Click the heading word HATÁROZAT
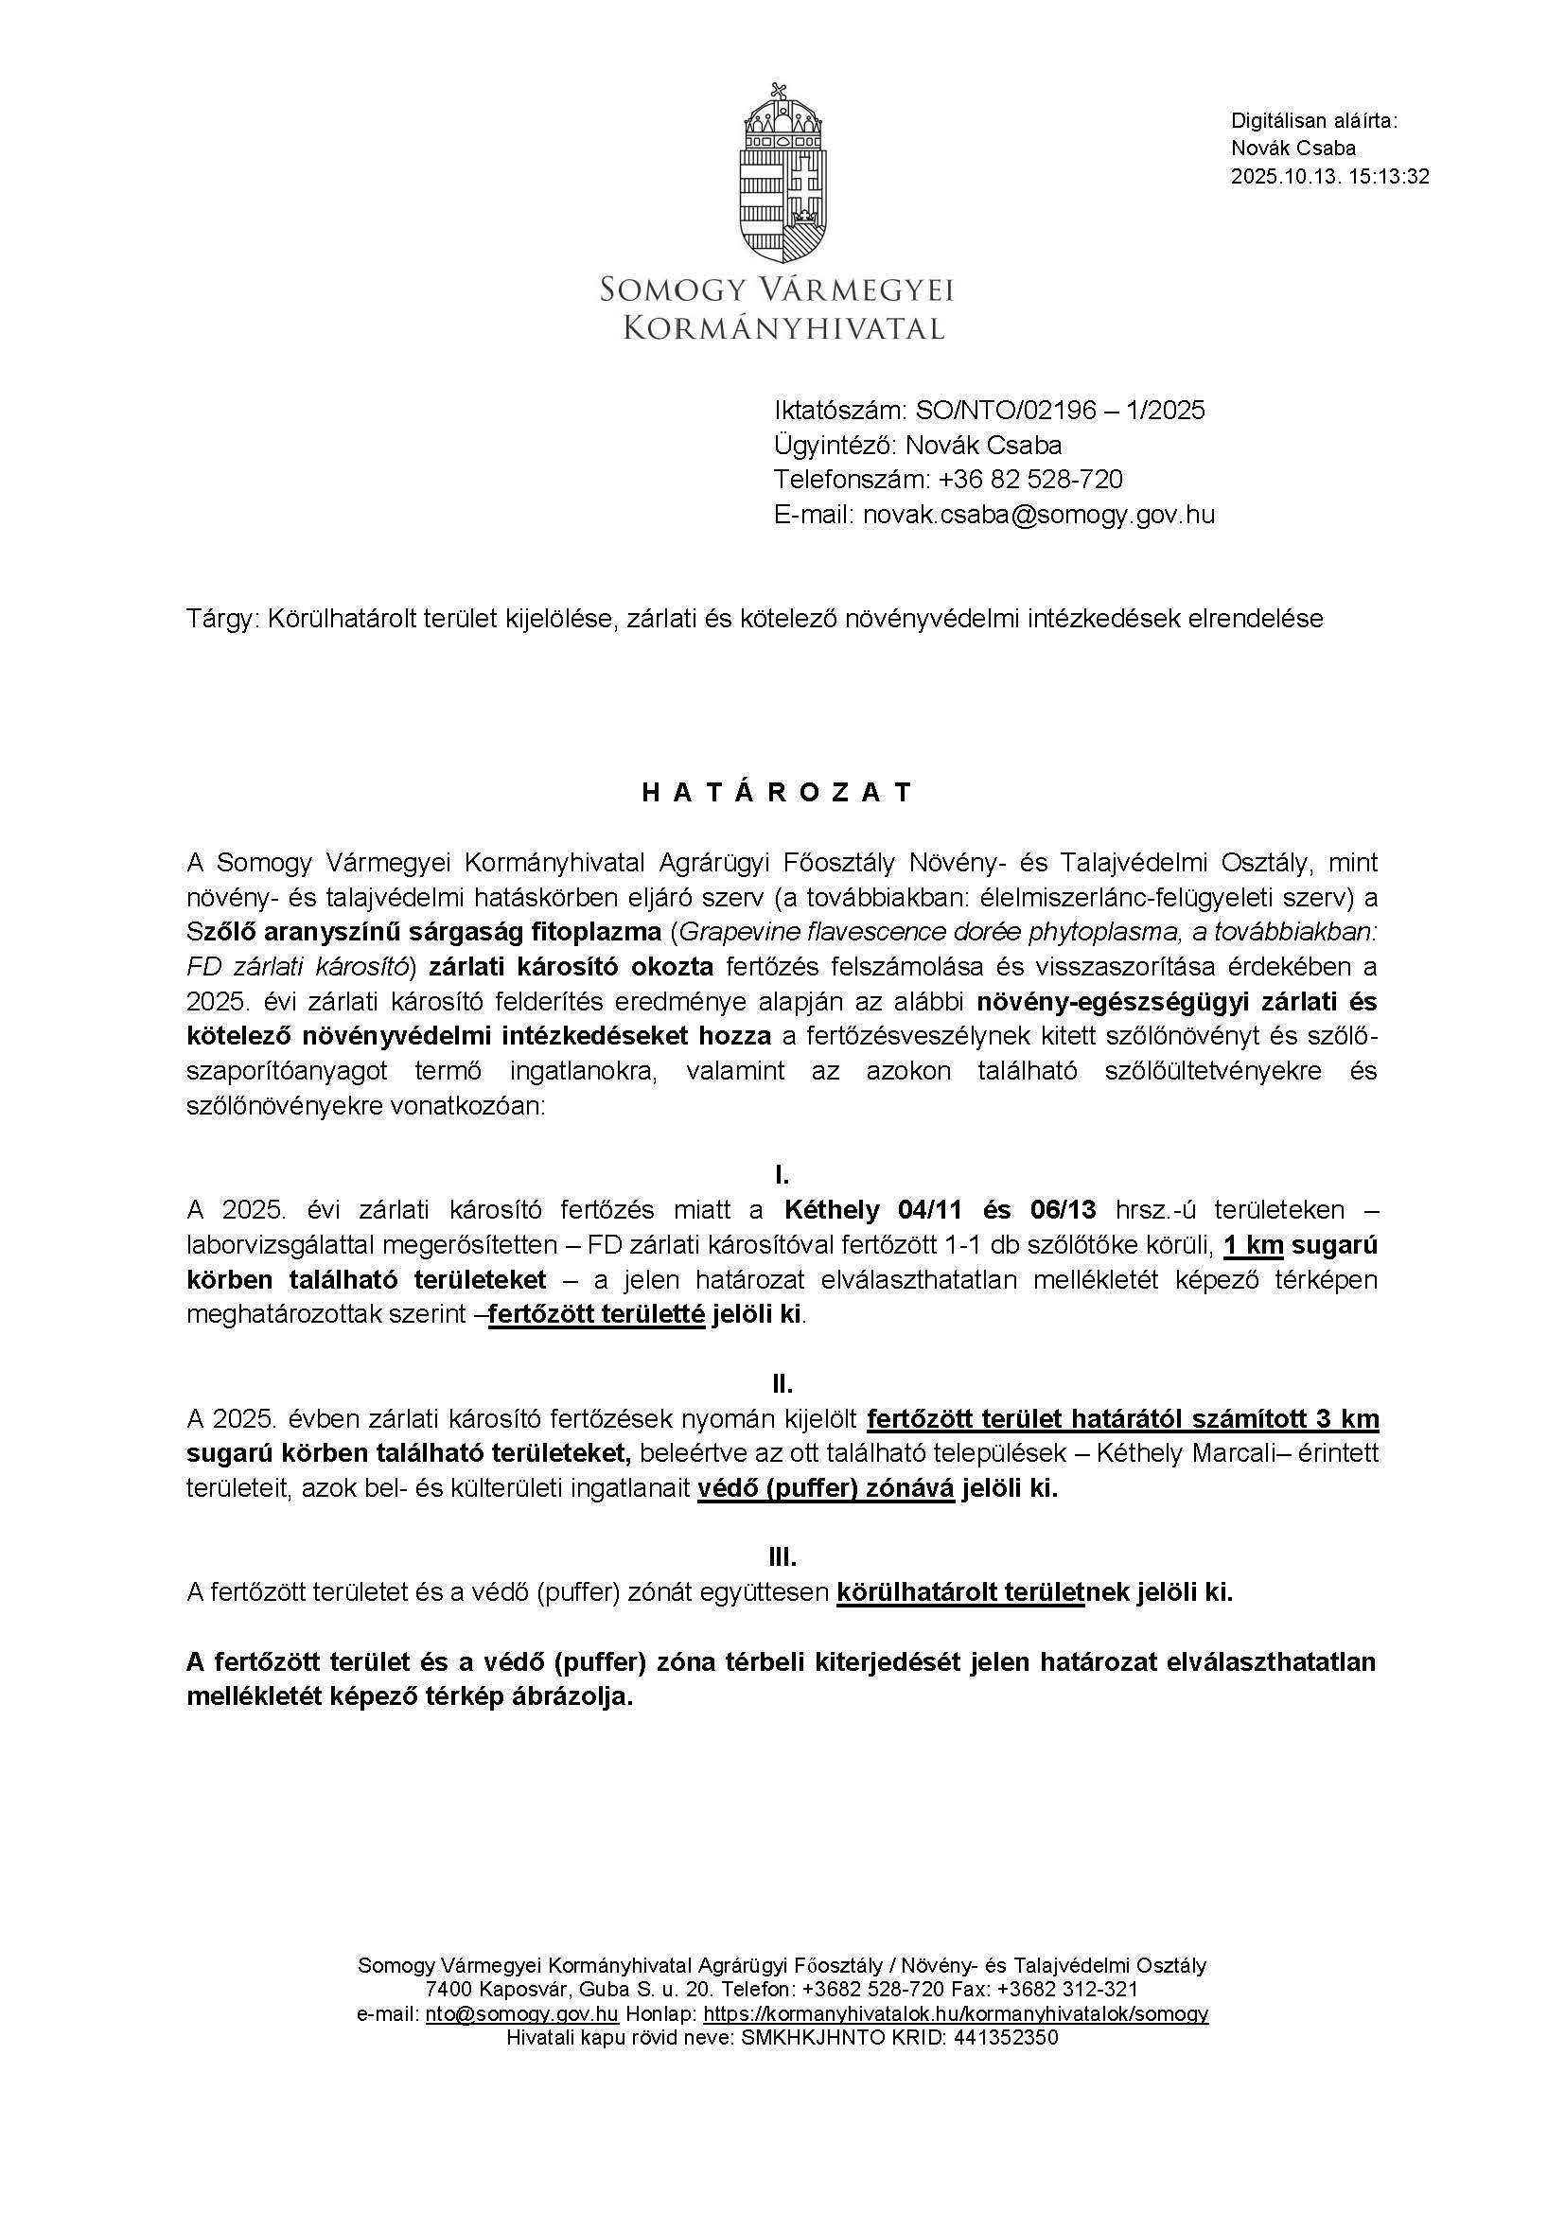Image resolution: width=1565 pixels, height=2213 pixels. pyautogui.click(x=777, y=792)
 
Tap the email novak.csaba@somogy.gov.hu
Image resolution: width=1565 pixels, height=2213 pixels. pyautogui.click(x=1039, y=515)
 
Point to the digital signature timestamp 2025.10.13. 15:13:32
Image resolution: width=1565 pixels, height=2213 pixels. pyautogui.click(x=1329, y=176)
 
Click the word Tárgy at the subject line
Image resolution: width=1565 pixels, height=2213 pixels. pyautogui.click(x=222, y=619)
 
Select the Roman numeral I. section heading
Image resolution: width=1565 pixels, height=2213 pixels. pyautogui.click(x=782, y=1175)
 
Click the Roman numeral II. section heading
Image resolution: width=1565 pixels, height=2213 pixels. pyautogui.click(x=782, y=1384)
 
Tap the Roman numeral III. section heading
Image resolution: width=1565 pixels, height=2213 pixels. pyautogui.click(x=782, y=1557)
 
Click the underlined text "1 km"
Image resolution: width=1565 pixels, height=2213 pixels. pyautogui.click(x=1253, y=1245)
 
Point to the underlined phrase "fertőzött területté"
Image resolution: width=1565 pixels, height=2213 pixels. pyautogui.click(x=596, y=1315)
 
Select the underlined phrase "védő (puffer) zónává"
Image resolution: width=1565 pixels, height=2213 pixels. pyautogui.click(x=826, y=1488)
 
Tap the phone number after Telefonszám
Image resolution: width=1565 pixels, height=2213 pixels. pyautogui.click(x=1030, y=480)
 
